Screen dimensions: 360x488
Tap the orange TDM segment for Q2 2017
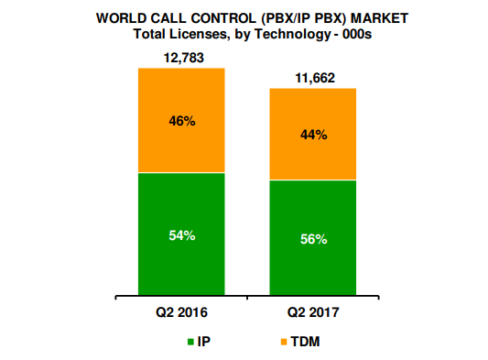pos(313,110)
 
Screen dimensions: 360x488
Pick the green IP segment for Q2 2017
pos(313,266)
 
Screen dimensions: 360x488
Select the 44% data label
pos(313,135)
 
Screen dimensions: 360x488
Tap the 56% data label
pos(313,239)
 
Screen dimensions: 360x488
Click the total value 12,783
pos(180,59)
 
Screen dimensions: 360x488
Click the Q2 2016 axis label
pos(180,311)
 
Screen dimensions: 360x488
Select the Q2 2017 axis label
pos(313,311)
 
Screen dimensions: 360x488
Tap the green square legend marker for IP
pos(190,343)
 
